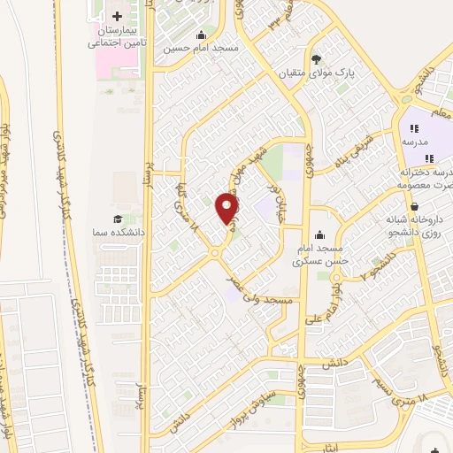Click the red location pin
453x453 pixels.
point(227,208)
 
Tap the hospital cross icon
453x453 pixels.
point(118,17)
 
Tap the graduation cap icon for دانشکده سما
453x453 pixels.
point(118,219)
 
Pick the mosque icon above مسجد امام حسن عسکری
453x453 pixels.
point(319,234)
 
